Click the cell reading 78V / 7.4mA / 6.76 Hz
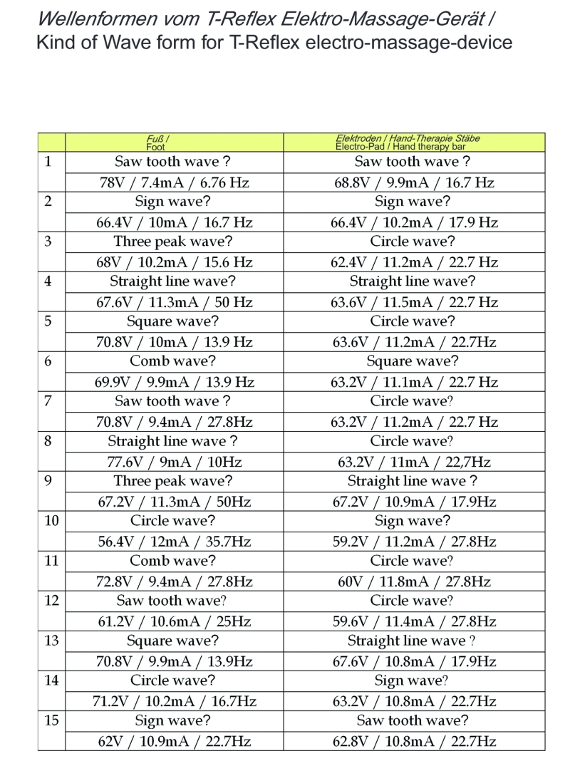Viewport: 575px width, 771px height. tap(174, 182)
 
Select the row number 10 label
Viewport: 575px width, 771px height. tap(51, 521)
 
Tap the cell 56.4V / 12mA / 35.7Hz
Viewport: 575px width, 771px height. tap(174, 542)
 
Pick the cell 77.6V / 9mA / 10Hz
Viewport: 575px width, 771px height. tap(174, 462)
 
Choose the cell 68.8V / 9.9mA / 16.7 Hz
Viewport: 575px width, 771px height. tap(414, 182)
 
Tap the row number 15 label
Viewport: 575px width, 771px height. tap(51, 720)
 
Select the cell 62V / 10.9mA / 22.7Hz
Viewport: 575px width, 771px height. tap(174, 741)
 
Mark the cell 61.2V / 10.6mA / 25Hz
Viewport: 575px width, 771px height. tap(174, 621)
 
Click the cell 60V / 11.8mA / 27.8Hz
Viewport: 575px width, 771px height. tap(414, 581)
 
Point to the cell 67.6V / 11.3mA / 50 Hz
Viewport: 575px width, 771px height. tap(174, 302)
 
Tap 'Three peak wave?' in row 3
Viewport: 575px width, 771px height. tap(174, 241)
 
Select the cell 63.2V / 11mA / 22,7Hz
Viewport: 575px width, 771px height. tap(414, 462)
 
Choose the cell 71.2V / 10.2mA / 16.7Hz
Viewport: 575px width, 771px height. tap(174, 701)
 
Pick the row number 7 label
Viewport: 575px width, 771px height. tap(47, 401)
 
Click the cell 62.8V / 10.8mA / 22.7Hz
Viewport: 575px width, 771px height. tap(414, 741)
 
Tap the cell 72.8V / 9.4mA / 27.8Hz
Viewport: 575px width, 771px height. tap(174, 581)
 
